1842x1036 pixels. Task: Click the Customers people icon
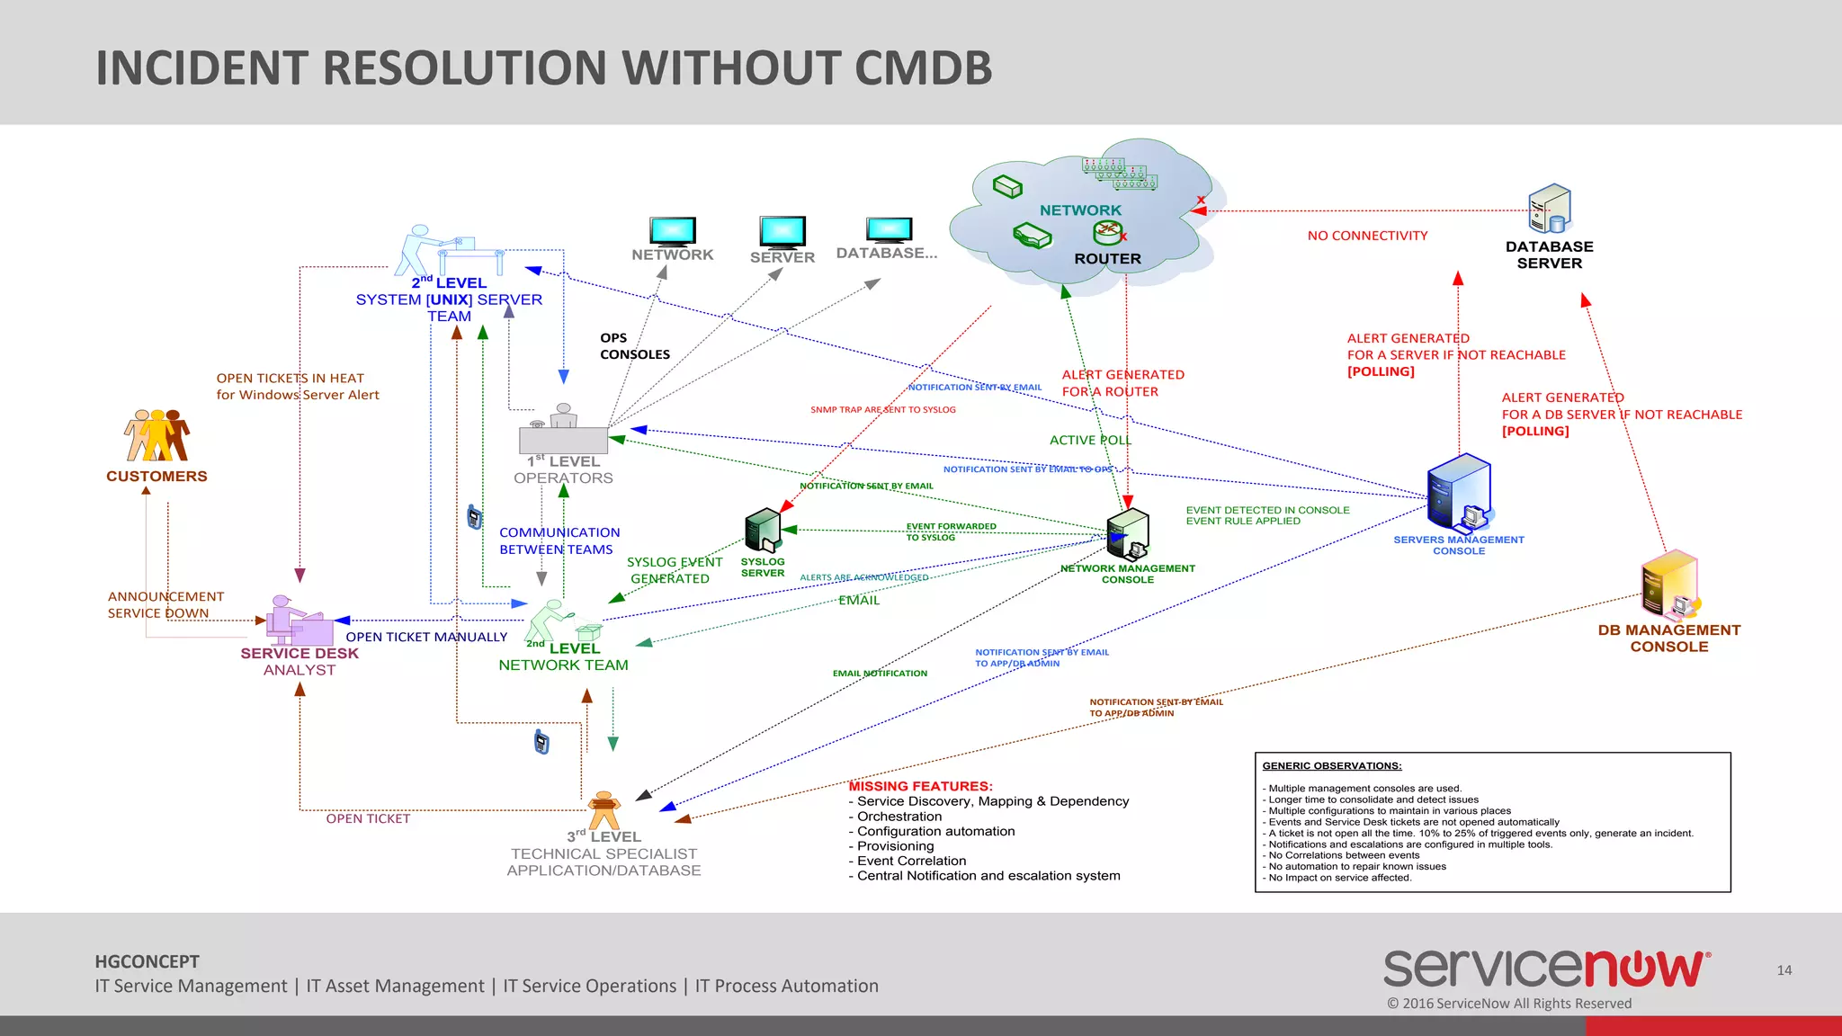pyautogui.click(x=157, y=436)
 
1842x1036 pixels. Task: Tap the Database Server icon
pyautogui.click(x=1549, y=209)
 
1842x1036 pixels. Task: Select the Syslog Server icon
pyautogui.click(x=763, y=531)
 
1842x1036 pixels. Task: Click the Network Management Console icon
pyautogui.click(x=1128, y=534)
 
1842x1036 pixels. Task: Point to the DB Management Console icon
pyautogui.click(x=1670, y=587)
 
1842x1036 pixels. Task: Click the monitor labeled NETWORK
pyautogui.click(x=673, y=231)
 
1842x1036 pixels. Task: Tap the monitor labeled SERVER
pyautogui.click(x=782, y=232)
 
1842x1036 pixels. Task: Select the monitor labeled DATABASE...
pyautogui.click(x=889, y=229)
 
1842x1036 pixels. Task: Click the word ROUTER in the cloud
pyautogui.click(x=1107, y=259)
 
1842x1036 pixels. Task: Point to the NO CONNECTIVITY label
pyautogui.click(x=1367, y=236)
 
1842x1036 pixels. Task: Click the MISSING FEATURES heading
pyautogui.click(x=920, y=786)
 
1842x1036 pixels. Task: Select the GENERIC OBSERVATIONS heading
pyautogui.click(x=1331, y=766)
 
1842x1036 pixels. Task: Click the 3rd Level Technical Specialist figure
pyautogui.click(x=604, y=809)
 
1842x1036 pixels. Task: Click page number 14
pyautogui.click(x=1784, y=970)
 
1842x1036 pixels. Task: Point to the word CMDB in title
pyautogui.click(x=923, y=68)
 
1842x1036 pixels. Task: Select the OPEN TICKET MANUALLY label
pyautogui.click(x=426, y=637)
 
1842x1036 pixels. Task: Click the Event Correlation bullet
pyautogui.click(x=911, y=861)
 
